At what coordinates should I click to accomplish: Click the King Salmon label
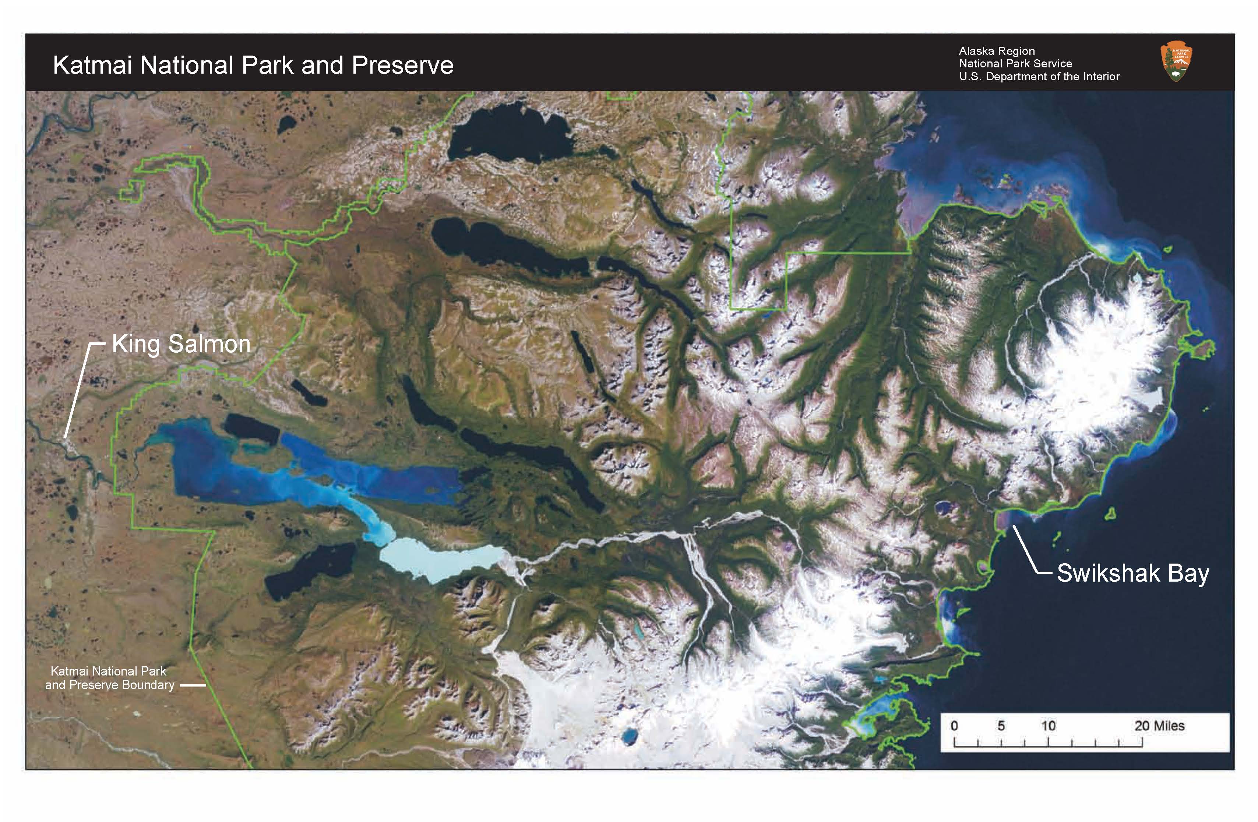[x=181, y=345]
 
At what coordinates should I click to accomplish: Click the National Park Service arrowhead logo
[x=1176, y=62]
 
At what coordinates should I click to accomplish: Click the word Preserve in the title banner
[x=402, y=66]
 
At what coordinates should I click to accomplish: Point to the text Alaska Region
[x=996, y=51]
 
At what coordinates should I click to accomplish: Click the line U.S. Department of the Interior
[x=1039, y=77]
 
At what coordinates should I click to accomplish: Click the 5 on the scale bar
[x=1001, y=726]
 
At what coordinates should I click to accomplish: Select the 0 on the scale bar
[x=954, y=726]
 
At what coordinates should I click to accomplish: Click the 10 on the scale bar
[x=1048, y=726]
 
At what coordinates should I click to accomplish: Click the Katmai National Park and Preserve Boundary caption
[x=109, y=678]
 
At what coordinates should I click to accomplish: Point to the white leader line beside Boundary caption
[x=193, y=686]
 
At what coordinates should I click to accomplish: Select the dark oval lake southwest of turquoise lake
[x=311, y=571]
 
